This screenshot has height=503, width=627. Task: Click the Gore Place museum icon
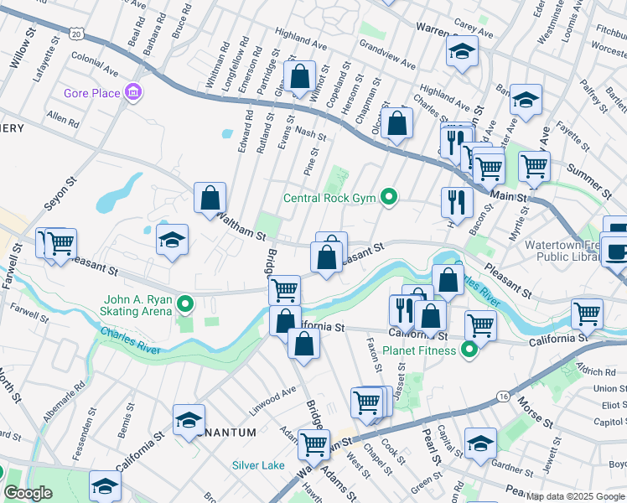pos(132,92)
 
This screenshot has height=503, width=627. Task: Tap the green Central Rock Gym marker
pos(388,198)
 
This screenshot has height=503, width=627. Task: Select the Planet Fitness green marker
pos(469,350)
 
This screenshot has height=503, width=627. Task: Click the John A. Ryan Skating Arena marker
pos(187,303)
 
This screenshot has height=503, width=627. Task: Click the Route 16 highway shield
pos(502,396)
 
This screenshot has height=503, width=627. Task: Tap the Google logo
pos(28,493)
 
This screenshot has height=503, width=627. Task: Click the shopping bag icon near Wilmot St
pos(299,76)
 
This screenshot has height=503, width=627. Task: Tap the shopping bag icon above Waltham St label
pos(210,199)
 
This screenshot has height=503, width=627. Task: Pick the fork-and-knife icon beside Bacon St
pos(457,201)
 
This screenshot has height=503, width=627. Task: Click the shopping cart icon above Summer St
pos(534,166)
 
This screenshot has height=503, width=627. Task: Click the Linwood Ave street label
pos(272,397)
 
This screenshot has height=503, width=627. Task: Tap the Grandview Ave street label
pos(387,54)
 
